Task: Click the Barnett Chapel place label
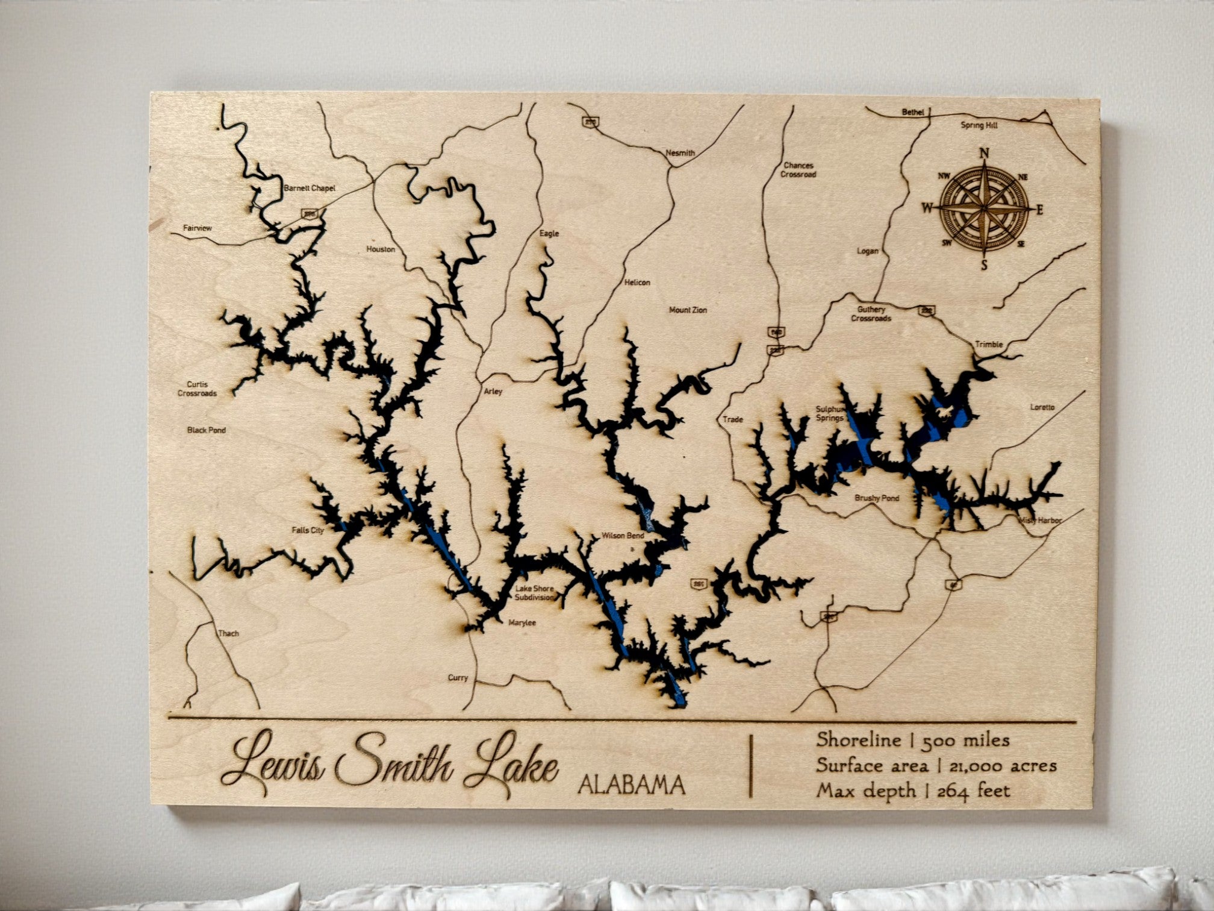pyautogui.click(x=309, y=189)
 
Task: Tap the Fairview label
pyautogui.click(x=198, y=228)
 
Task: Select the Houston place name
pyautogui.click(x=381, y=249)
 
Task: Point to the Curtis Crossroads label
pyautogui.click(x=197, y=389)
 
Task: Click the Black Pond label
pyautogui.click(x=207, y=430)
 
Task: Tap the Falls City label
pyautogui.click(x=308, y=530)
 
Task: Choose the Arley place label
pyautogui.click(x=493, y=392)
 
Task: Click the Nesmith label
pyautogui.click(x=680, y=153)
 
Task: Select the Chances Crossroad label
pyautogui.click(x=799, y=169)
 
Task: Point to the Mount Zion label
pyautogui.click(x=688, y=310)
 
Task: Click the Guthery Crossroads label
pyautogui.click(x=871, y=314)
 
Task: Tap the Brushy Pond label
pyautogui.click(x=877, y=498)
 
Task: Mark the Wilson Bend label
pyautogui.click(x=623, y=535)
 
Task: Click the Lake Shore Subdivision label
pyautogui.click(x=534, y=593)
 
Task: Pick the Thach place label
pyautogui.click(x=228, y=633)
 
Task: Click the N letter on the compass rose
pyautogui.click(x=985, y=153)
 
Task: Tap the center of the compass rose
pyautogui.click(x=985, y=209)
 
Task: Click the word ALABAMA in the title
pyautogui.click(x=631, y=784)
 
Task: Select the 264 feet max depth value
pyautogui.click(x=973, y=790)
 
